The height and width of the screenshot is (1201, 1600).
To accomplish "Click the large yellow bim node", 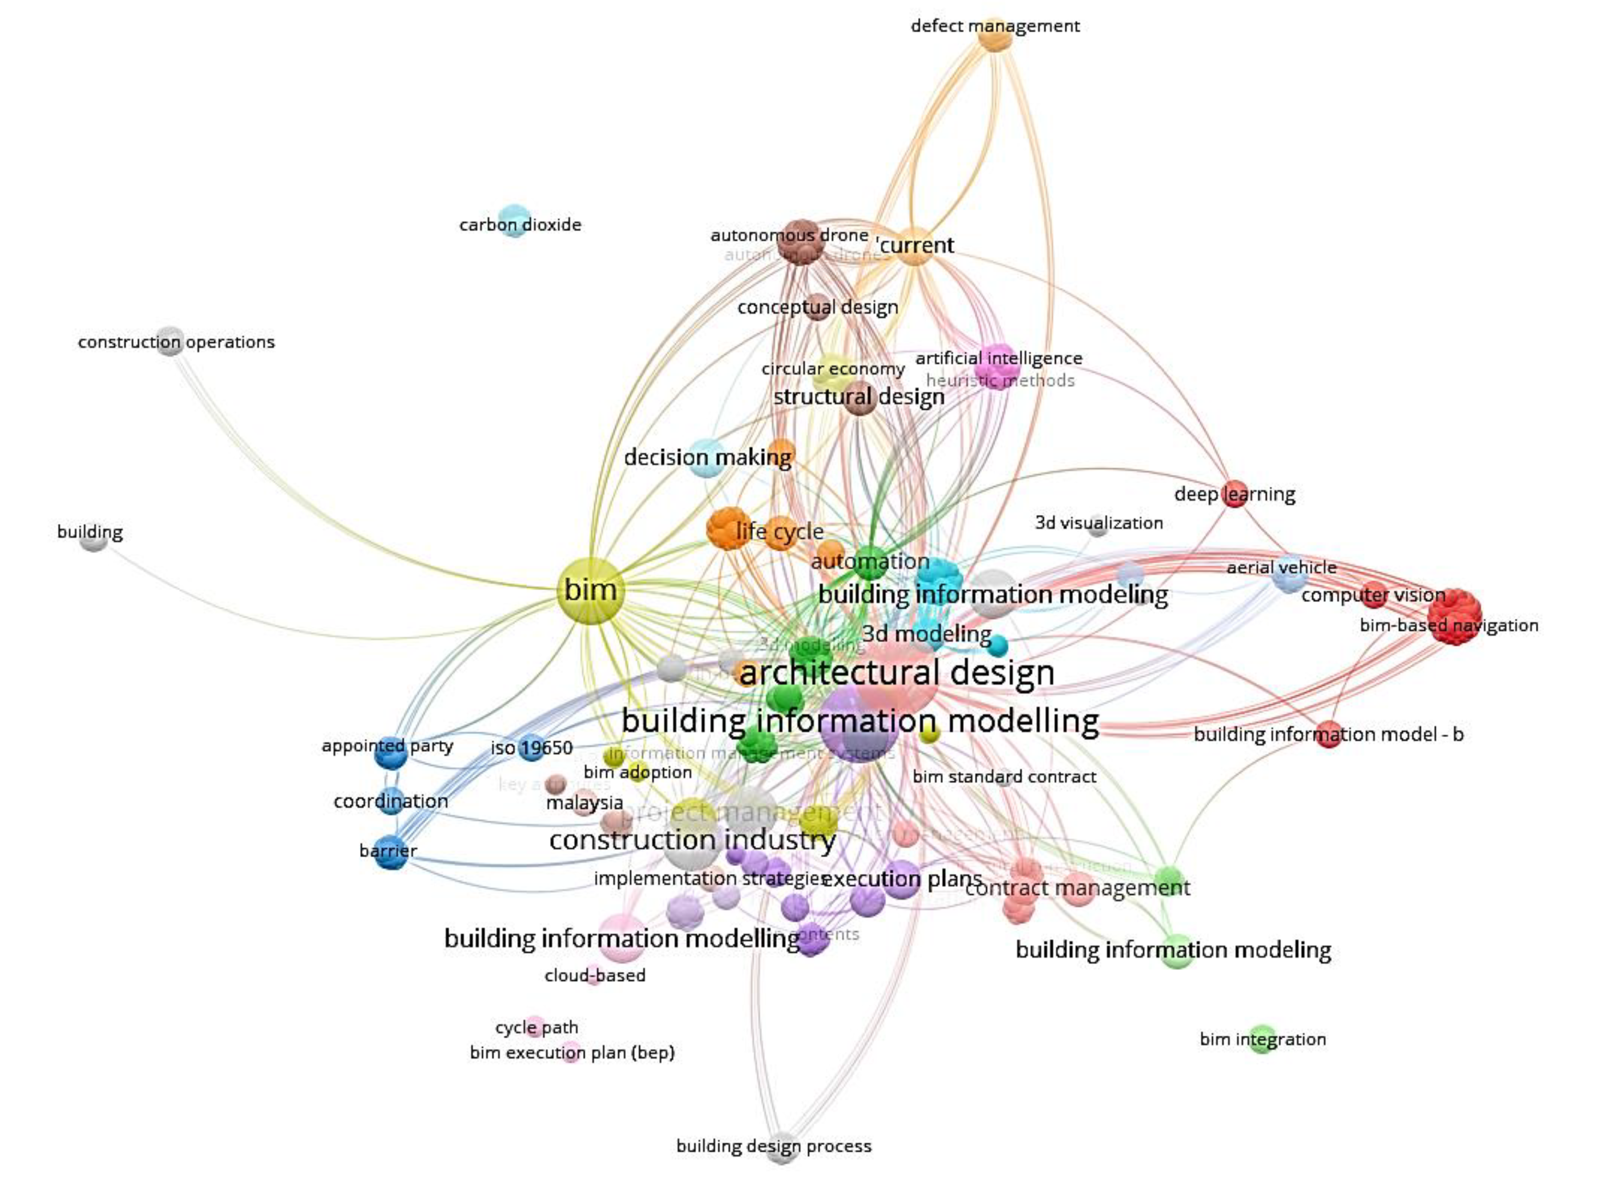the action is click(590, 591).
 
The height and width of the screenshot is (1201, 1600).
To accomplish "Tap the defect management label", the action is click(995, 27).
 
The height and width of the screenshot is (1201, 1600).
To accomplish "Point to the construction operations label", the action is click(176, 342).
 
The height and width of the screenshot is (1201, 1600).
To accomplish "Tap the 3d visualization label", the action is click(1098, 523).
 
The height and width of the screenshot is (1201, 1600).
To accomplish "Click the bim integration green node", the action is click(1262, 1040).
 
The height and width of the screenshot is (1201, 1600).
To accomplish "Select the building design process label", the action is click(773, 1146).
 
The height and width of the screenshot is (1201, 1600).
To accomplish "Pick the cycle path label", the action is click(536, 1027).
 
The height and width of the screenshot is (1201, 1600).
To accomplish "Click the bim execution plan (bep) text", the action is click(572, 1053).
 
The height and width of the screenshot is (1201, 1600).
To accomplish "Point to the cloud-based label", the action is click(594, 976).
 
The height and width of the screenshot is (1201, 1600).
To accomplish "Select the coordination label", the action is click(390, 801).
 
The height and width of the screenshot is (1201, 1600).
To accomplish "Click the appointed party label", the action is click(388, 746).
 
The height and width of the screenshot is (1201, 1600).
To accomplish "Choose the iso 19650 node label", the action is click(532, 748).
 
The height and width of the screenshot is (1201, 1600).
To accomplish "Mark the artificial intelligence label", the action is click(999, 358).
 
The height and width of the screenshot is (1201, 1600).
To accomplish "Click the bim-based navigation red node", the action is click(1455, 616).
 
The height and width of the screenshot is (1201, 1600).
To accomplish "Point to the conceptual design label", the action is click(817, 307).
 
